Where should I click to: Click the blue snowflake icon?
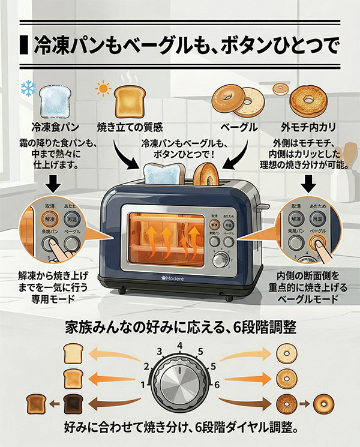28,89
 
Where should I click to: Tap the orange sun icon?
103,89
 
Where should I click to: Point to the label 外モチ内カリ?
308,127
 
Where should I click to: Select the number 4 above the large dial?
179,346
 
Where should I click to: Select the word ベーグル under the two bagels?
239,127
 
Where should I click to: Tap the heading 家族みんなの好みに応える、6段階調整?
179,328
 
